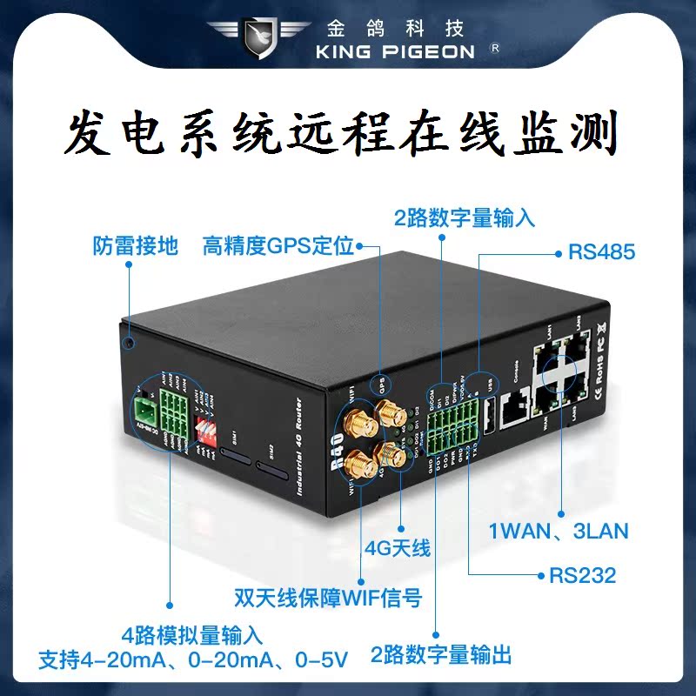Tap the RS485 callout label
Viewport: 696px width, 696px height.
tap(601, 253)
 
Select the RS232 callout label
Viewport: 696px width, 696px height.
tap(582, 575)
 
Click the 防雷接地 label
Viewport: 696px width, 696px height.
tap(135, 246)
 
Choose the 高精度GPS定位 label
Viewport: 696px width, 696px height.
tap(278, 246)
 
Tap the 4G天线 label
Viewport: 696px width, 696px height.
tap(398, 548)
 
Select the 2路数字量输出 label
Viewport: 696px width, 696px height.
tap(441, 654)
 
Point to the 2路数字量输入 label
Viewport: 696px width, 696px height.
tap(465, 217)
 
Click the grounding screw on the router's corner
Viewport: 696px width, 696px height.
tap(128, 342)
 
